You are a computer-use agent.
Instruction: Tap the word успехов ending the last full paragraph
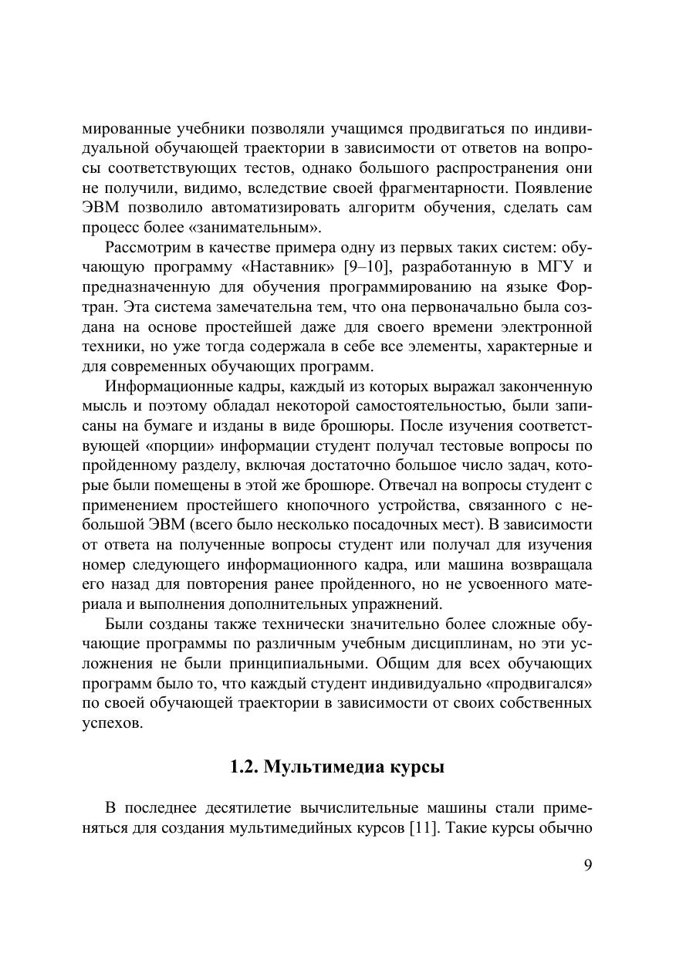[112, 723]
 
